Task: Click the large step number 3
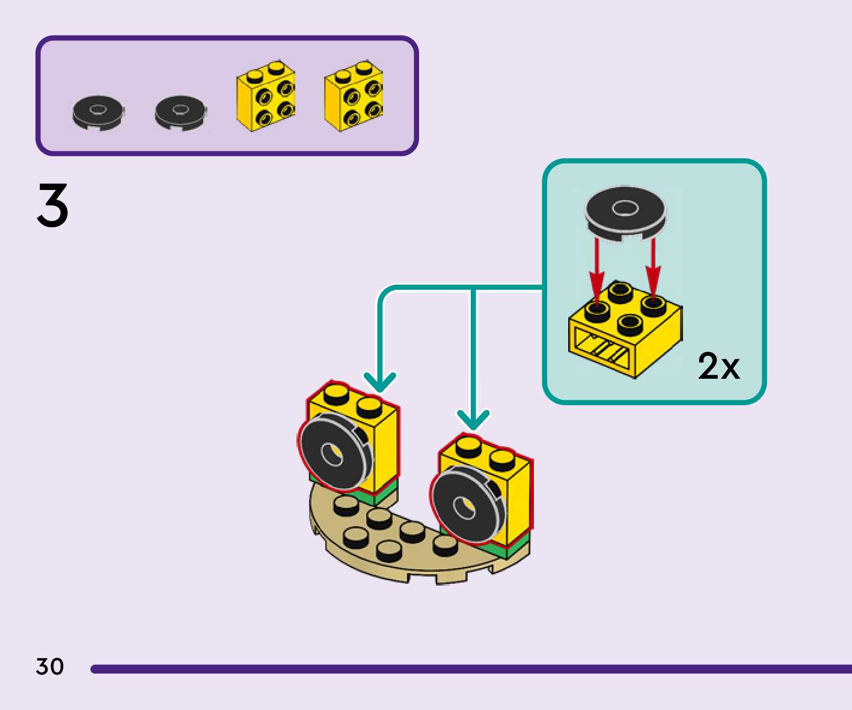point(53,205)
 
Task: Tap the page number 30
point(50,666)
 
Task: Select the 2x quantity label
point(719,366)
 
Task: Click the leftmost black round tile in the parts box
point(99,113)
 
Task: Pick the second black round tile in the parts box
point(181,113)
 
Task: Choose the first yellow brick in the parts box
point(266,96)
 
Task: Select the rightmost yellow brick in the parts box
point(354,96)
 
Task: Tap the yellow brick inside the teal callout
point(625,329)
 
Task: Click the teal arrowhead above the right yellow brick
point(473,420)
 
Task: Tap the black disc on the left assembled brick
point(335,450)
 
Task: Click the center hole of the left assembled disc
point(332,454)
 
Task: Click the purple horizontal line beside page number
point(471,669)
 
